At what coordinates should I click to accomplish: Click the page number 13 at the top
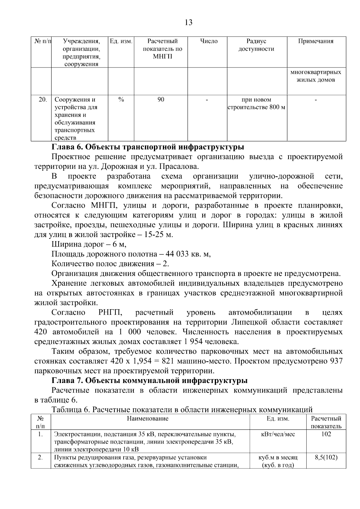coord(189,22)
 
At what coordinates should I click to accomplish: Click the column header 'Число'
coord(209,41)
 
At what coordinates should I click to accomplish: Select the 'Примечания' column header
coord(316,41)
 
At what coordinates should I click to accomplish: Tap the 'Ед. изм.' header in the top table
coord(121,41)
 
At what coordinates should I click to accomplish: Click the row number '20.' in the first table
coord(43,100)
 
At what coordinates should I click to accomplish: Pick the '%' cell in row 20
coord(121,100)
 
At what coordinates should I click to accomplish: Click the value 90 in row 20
coord(161,100)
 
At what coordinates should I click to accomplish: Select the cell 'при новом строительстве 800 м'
coord(256,103)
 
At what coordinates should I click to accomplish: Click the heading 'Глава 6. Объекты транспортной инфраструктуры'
coord(148,147)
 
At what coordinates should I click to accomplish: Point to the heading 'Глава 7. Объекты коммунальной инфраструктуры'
coord(149,381)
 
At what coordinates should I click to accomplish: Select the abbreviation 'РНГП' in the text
coord(110,313)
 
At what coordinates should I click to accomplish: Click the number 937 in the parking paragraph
coord(336,361)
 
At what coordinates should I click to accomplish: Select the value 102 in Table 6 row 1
coord(326,434)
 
